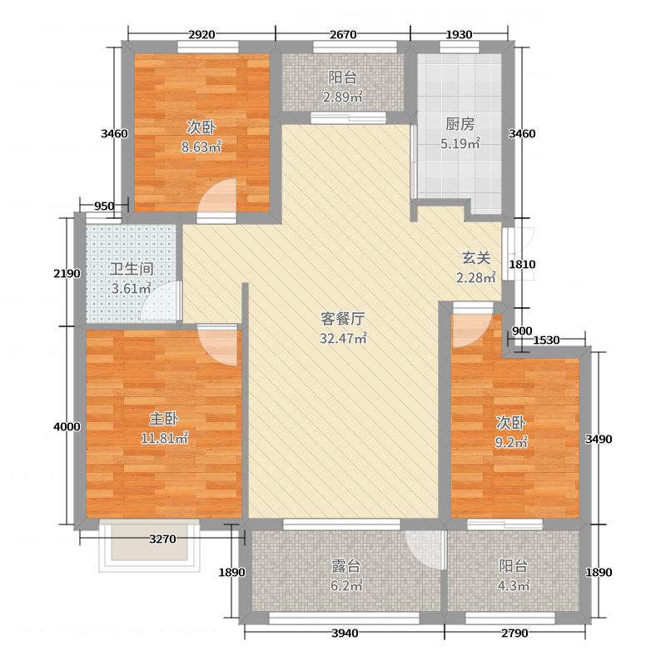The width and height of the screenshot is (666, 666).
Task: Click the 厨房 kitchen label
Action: coord(460,125)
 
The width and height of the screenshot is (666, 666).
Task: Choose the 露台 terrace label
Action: coord(345,566)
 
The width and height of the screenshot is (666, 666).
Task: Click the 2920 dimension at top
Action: coord(202,35)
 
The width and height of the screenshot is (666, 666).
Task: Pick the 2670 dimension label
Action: coord(343,35)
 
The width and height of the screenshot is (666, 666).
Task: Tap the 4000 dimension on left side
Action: coord(66,426)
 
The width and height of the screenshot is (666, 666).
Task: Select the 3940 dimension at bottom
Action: coord(345,634)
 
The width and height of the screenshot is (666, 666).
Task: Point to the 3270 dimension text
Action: coord(162,539)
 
